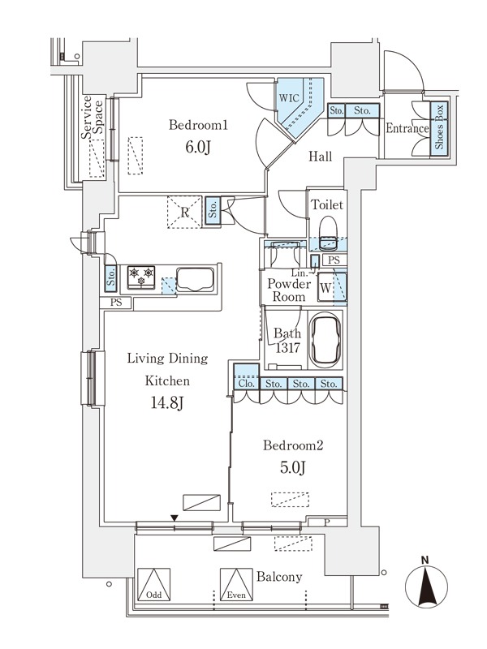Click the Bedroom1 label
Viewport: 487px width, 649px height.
point(198,125)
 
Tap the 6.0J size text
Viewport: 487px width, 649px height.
point(198,148)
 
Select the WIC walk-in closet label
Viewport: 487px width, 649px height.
point(289,98)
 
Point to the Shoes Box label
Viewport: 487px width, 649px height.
point(439,127)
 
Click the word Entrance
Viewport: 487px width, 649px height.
point(407,128)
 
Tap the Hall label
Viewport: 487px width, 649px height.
point(321,157)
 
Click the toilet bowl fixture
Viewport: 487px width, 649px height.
point(328,232)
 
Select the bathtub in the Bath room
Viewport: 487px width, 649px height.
point(325,340)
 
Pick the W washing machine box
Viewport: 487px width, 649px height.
point(325,288)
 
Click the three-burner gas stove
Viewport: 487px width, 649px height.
point(141,277)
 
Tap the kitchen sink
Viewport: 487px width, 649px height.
point(196,280)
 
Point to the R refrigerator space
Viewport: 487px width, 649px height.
point(185,212)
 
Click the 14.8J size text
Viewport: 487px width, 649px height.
point(167,402)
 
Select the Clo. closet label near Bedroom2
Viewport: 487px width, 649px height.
point(247,384)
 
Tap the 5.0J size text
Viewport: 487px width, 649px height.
point(293,468)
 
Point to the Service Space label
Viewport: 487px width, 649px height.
point(92,117)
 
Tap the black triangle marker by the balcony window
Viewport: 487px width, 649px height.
point(175,518)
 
